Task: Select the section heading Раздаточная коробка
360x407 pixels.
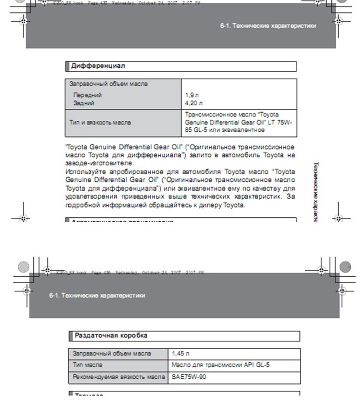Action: pos(111,336)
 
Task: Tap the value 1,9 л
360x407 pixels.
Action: pos(192,95)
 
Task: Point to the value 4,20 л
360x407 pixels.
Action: pos(194,103)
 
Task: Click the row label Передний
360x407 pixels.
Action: pos(87,95)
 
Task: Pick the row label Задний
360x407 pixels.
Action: pos(84,103)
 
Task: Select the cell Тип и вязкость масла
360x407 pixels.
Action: pos(100,122)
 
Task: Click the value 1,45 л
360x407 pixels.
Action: pos(181,353)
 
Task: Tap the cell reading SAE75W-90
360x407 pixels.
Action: pos(189,377)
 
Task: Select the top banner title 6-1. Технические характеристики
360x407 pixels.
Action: pos(268,26)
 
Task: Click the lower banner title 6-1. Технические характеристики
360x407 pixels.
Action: pos(97,295)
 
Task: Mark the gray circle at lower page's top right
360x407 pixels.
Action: pos(345,267)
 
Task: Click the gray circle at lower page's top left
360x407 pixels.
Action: pos(22,267)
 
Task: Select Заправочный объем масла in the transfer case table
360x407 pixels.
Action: pos(112,353)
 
